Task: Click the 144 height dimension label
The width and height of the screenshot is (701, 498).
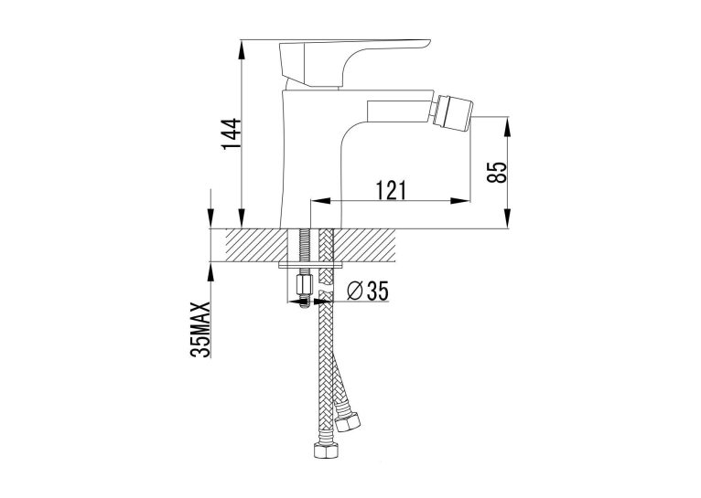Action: (232, 134)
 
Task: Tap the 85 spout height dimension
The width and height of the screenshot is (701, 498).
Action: (498, 172)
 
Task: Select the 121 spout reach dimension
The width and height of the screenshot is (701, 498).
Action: (391, 190)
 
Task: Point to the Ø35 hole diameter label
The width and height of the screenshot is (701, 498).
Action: (368, 291)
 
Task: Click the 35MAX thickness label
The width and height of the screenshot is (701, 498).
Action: (200, 329)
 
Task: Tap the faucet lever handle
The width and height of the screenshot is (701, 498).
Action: (354, 61)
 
